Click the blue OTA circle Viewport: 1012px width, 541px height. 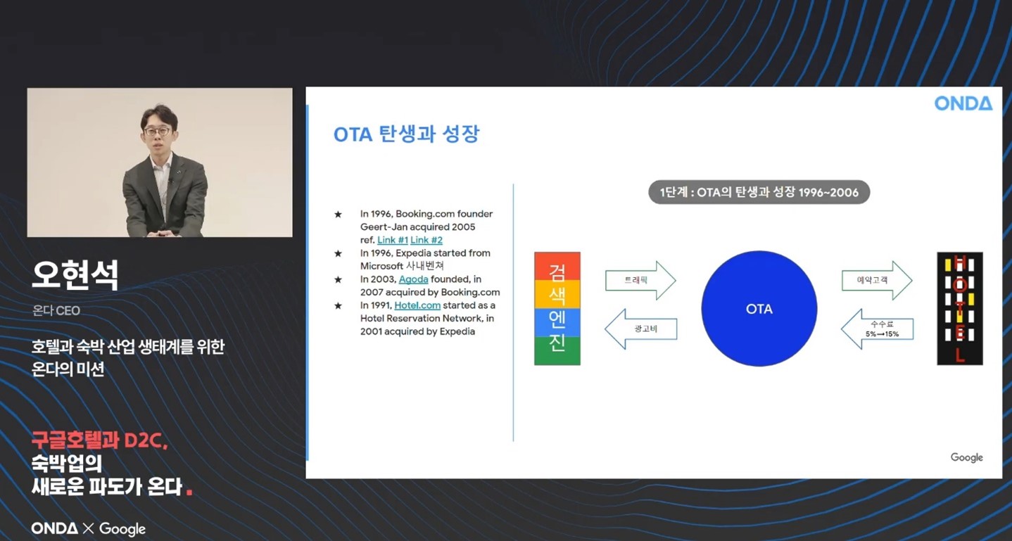pyautogui.click(x=759, y=309)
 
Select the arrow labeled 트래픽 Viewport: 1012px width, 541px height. pyautogui.click(x=640, y=280)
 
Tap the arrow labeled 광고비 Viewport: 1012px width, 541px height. pyautogui.click(x=640, y=329)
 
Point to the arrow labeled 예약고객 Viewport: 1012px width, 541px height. pyautogui.click(x=877, y=280)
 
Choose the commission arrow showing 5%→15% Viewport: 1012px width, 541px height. pyautogui.click(x=877, y=329)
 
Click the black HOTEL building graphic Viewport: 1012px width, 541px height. pyautogui.click(x=960, y=308)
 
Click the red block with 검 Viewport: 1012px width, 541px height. pyautogui.click(x=557, y=267)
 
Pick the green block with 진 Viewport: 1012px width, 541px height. pyautogui.click(x=557, y=350)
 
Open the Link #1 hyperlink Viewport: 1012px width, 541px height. pyautogui.click(x=393, y=240)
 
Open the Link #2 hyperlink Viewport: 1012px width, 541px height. pyautogui.click(x=426, y=240)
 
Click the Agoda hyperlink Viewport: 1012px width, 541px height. pyautogui.click(x=413, y=279)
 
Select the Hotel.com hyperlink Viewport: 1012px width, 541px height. pyautogui.click(x=417, y=305)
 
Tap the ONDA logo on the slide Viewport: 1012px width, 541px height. pyautogui.click(x=963, y=103)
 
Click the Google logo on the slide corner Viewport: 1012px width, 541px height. pyautogui.click(x=967, y=457)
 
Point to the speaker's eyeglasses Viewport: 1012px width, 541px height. pyautogui.click(x=157, y=132)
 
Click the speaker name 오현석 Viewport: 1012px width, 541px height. pyautogui.click(x=75, y=274)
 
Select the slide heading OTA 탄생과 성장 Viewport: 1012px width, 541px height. pyautogui.click(x=406, y=134)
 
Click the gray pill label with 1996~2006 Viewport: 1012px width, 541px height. pyautogui.click(x=759, y=192)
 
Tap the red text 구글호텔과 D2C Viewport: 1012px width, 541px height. pyautogui.click(x=100, y=440)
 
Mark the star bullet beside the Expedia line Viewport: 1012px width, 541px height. pyautogui.click(x=338, y=253)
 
